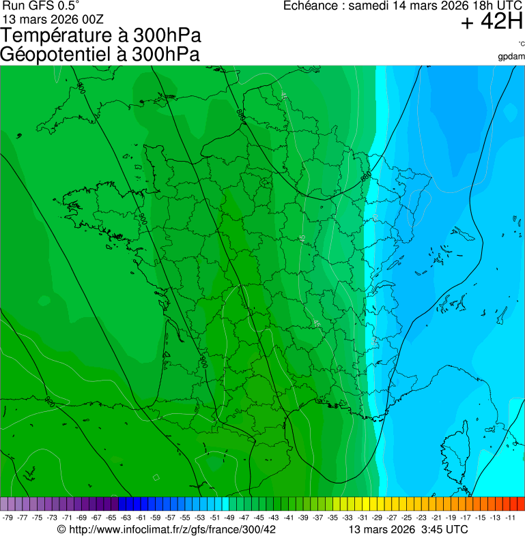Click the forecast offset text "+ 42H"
tap(492, 23)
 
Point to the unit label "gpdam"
tap(511, 56)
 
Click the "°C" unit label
tap(521, 44)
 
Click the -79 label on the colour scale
tap(8, 518)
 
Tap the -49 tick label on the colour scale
tap(229, 518)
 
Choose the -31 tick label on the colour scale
tap(363, 518)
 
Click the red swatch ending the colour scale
tap(520, 504)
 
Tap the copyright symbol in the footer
tap(61, 529)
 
